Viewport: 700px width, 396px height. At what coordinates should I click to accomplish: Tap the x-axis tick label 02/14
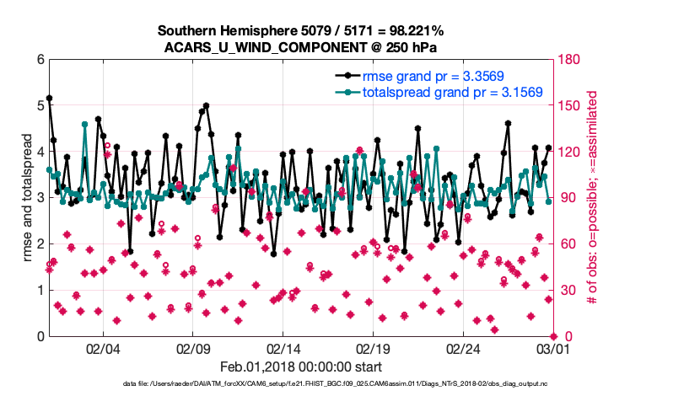(x=283, y=348)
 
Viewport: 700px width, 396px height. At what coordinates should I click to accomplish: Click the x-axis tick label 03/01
(x=553, y=348)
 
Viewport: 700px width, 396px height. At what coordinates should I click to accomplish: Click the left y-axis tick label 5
(x=40, y=106)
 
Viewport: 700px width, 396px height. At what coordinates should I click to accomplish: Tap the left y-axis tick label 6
(x=40, y=60)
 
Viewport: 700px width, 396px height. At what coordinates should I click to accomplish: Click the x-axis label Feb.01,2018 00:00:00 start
(x=301, y=367)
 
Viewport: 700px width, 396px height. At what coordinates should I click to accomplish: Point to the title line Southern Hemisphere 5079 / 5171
(x=301, y=31)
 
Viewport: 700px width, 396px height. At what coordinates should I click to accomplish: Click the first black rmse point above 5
(x=49, y=98)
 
